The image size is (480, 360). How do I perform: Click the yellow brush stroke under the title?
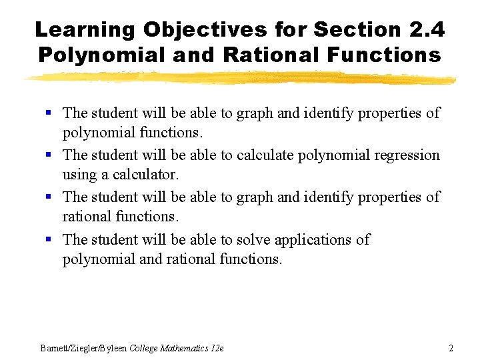tap(240, 79)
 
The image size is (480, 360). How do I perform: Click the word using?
tap(79, 175)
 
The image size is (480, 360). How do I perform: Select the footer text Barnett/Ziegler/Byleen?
tap(83, 348)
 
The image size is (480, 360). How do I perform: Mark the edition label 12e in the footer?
tap(218, 348)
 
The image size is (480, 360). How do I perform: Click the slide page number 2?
tap(451, 348)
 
